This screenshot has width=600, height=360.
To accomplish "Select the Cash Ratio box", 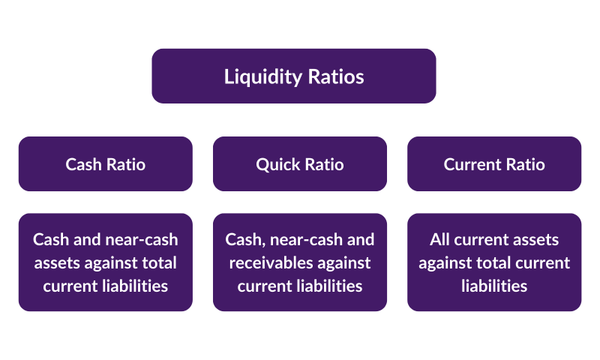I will click(x=106, y=164).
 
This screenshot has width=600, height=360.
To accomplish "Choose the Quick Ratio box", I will click(x=300, y=164).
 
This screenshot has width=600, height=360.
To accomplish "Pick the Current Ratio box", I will click(x=494, y=164).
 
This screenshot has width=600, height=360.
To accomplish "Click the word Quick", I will click(x=278, y=164).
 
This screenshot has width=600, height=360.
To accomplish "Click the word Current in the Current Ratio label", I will click(x=471, y=164).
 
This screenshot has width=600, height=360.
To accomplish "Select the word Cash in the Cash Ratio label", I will click(x=83, y=164).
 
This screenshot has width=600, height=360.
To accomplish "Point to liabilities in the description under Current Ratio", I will click(x=494, y=286).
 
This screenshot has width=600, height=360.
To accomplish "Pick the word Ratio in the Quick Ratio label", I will click(x=324, y=164).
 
